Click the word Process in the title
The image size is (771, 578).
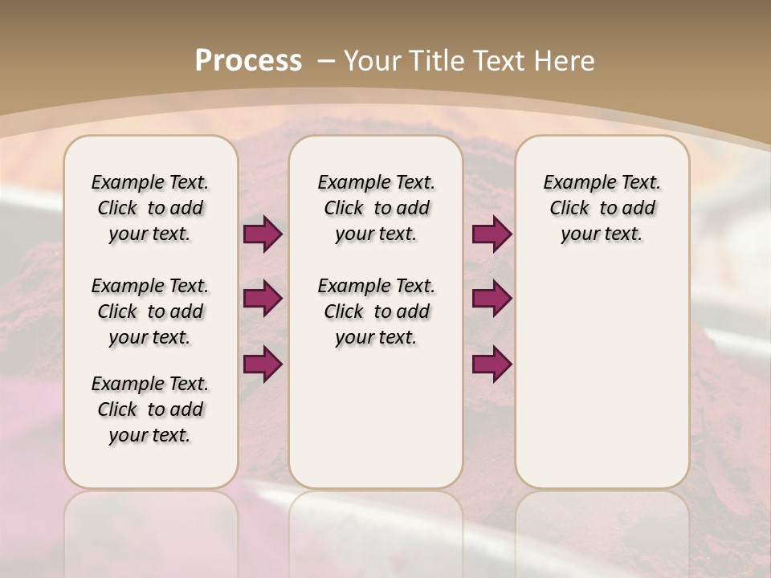[248, 60]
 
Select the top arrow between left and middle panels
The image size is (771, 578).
[263, 234]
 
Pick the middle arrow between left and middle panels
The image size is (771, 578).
[263, 299]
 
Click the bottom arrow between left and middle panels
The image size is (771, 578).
[263, 364]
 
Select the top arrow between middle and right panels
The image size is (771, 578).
[492, 234]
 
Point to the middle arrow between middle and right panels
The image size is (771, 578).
[492, 299]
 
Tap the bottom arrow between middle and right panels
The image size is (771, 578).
[492, 364]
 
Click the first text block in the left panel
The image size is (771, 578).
[150, 208]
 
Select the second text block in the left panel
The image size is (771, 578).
[150, 311]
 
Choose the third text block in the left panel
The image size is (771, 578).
[150, 409]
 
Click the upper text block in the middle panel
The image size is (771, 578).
[376, 208]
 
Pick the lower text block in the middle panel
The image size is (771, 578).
[376, 311]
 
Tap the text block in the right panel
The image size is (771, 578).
[602, 208]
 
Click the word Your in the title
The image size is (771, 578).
[373, 60]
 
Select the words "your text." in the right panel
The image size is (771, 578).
[602, 234]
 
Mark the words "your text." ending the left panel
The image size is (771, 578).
[150, 436]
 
